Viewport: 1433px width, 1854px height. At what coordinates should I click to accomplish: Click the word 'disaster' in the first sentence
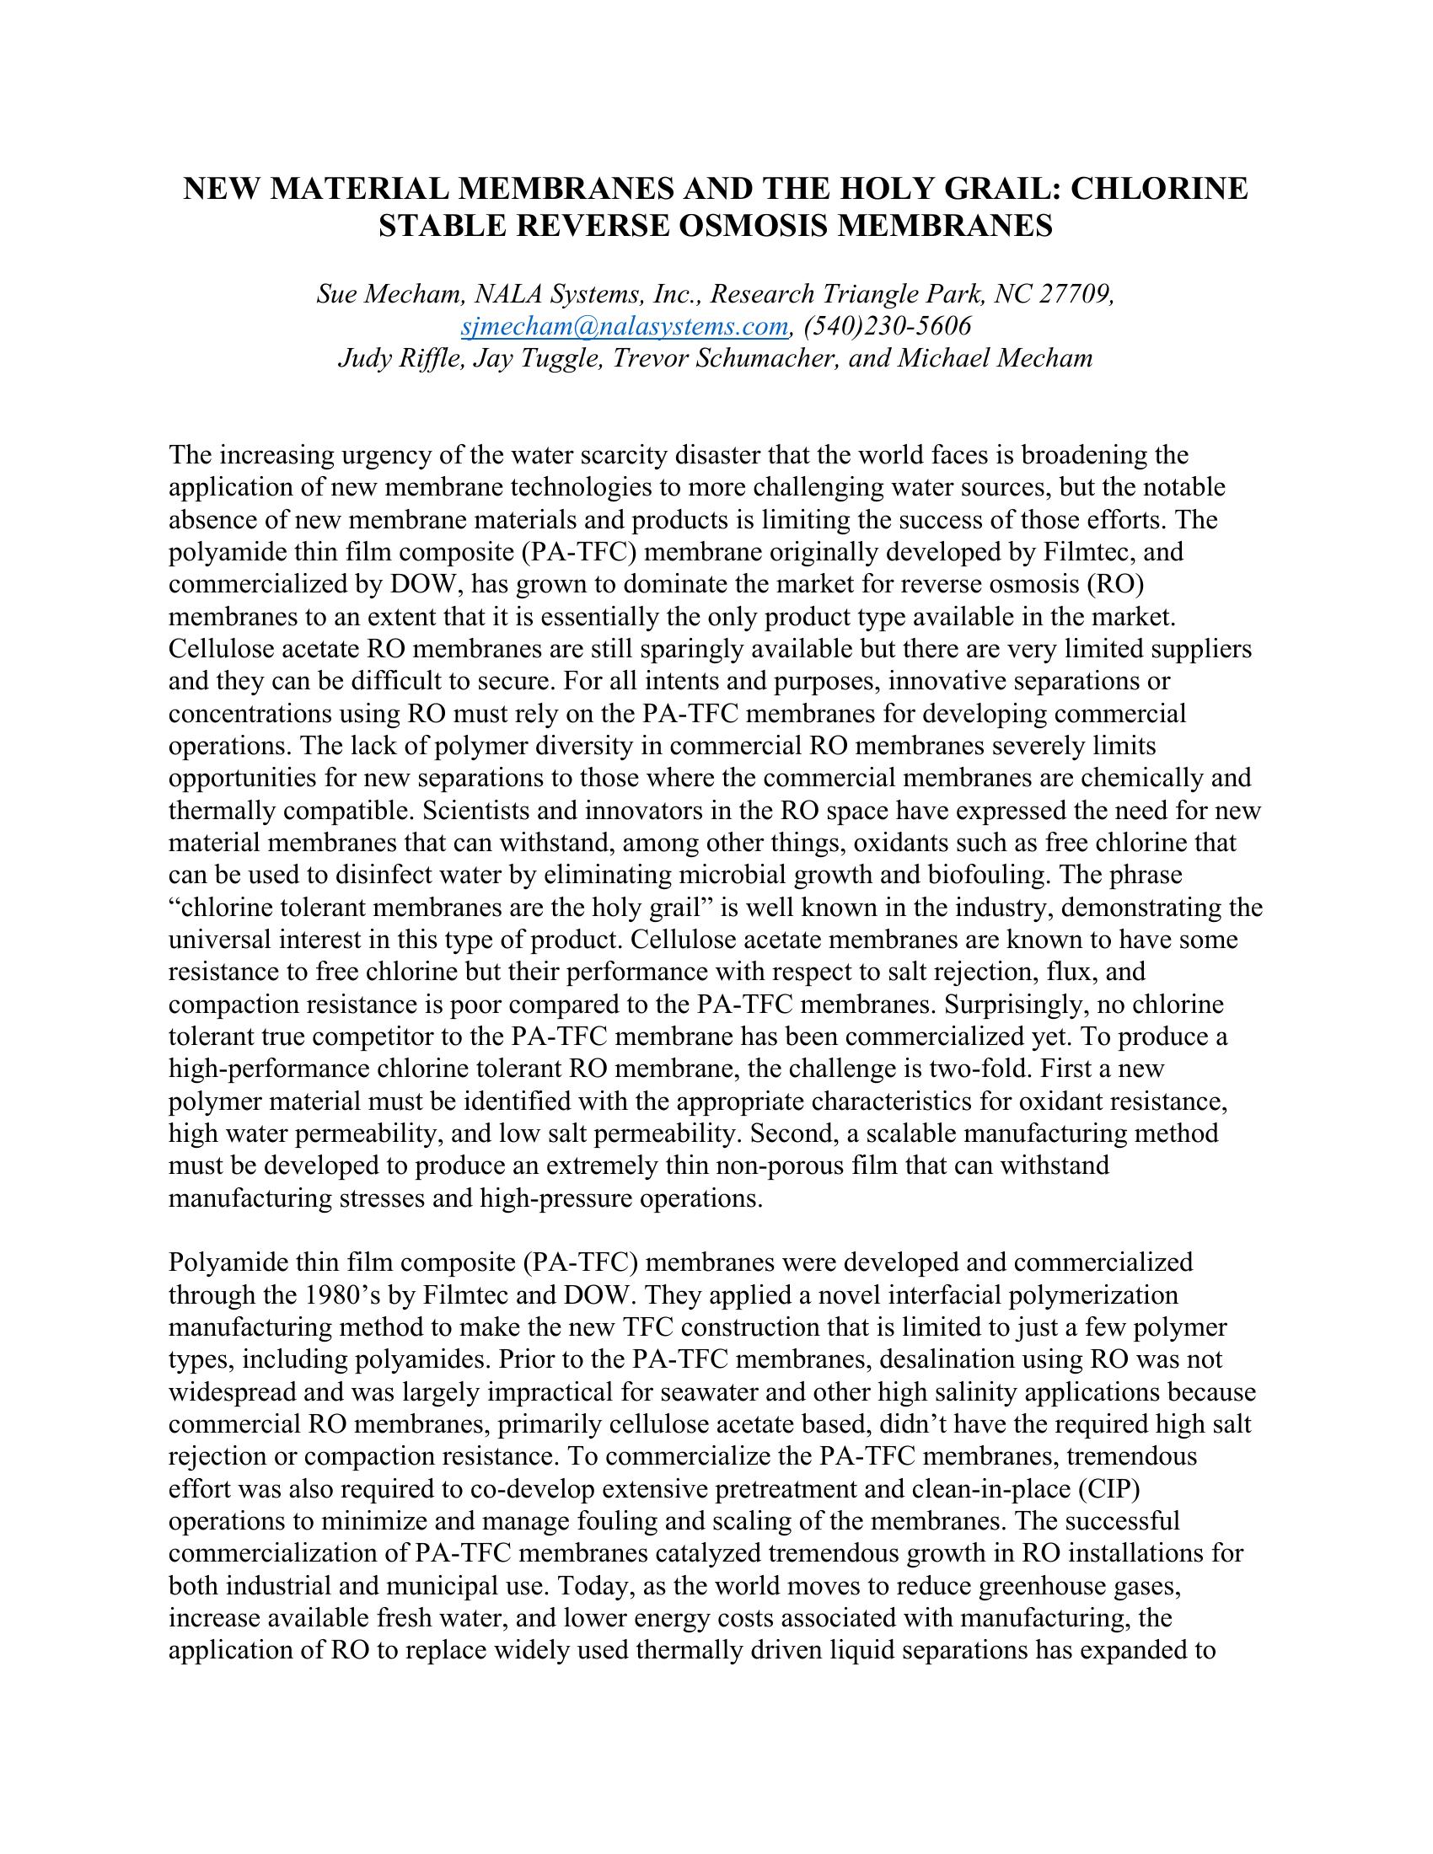[717, 455]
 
